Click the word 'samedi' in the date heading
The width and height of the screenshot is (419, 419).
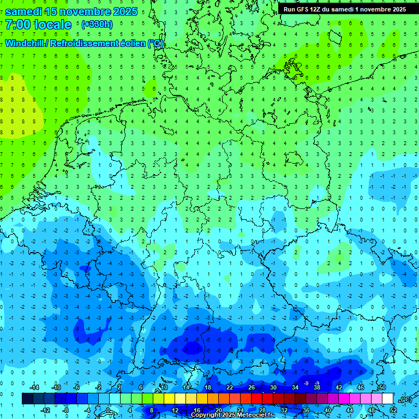pyautogui.click(x=23, y=12)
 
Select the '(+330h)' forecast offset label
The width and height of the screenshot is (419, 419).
pyautogui.click(x=97, y=25)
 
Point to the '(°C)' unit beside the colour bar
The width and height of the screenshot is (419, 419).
pyautogui.click(x=405, y=399)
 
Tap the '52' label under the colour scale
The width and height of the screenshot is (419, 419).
pyautogui.click(x=393, y=410)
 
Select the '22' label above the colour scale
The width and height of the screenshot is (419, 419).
pyautogui.click(x=230, y=387)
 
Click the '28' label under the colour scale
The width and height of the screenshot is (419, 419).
pyautogui.click(x=262, y=410)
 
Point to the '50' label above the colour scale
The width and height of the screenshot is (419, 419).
pyautogui.click(x=382, y=387)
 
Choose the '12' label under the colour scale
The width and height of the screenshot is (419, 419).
pyautogui.click(x=175, y=410)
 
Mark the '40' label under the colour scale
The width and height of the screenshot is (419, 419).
pyautogui.click(x=328, y=410)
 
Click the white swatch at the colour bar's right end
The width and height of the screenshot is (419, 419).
pyautogui.click(x=388, y=399)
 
